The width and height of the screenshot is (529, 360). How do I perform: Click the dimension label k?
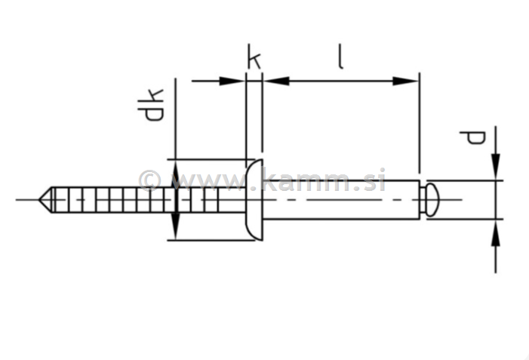(254, 57)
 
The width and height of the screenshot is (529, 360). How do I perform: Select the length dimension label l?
(340, 57)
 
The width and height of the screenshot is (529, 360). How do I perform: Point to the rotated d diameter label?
(473, 137)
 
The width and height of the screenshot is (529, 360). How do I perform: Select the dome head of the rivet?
(255, 200)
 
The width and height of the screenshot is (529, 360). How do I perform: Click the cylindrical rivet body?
(340, 200)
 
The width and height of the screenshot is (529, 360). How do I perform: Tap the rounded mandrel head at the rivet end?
(430, 200)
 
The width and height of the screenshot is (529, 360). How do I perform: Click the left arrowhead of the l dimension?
(276, 81)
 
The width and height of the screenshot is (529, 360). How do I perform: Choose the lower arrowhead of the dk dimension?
(175, 226)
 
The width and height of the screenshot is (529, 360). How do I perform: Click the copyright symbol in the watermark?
(149, 180)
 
